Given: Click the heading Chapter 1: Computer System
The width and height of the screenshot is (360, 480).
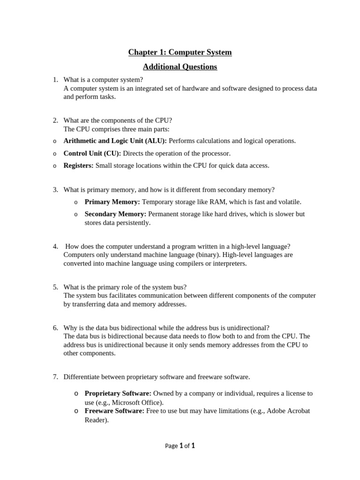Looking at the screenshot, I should [180, 52].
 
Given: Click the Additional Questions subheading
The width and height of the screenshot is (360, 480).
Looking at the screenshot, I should [180, 67].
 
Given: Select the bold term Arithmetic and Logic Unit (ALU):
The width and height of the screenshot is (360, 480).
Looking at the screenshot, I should [115, 141].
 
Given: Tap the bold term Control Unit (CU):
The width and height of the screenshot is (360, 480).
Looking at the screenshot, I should [92, 153].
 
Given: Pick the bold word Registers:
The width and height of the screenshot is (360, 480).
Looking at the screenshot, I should [78, 165].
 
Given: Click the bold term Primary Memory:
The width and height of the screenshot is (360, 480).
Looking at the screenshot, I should [112, 202].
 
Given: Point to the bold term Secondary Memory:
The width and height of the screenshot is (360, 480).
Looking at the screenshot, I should [115, 214].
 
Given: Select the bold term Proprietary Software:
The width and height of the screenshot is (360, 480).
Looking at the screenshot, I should [118, 393].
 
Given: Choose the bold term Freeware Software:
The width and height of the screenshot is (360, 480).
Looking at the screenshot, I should [114, 411].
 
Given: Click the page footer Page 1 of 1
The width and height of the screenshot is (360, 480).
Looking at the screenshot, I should [180, 446].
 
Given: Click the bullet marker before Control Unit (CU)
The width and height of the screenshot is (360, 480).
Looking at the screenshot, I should [54, 154].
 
